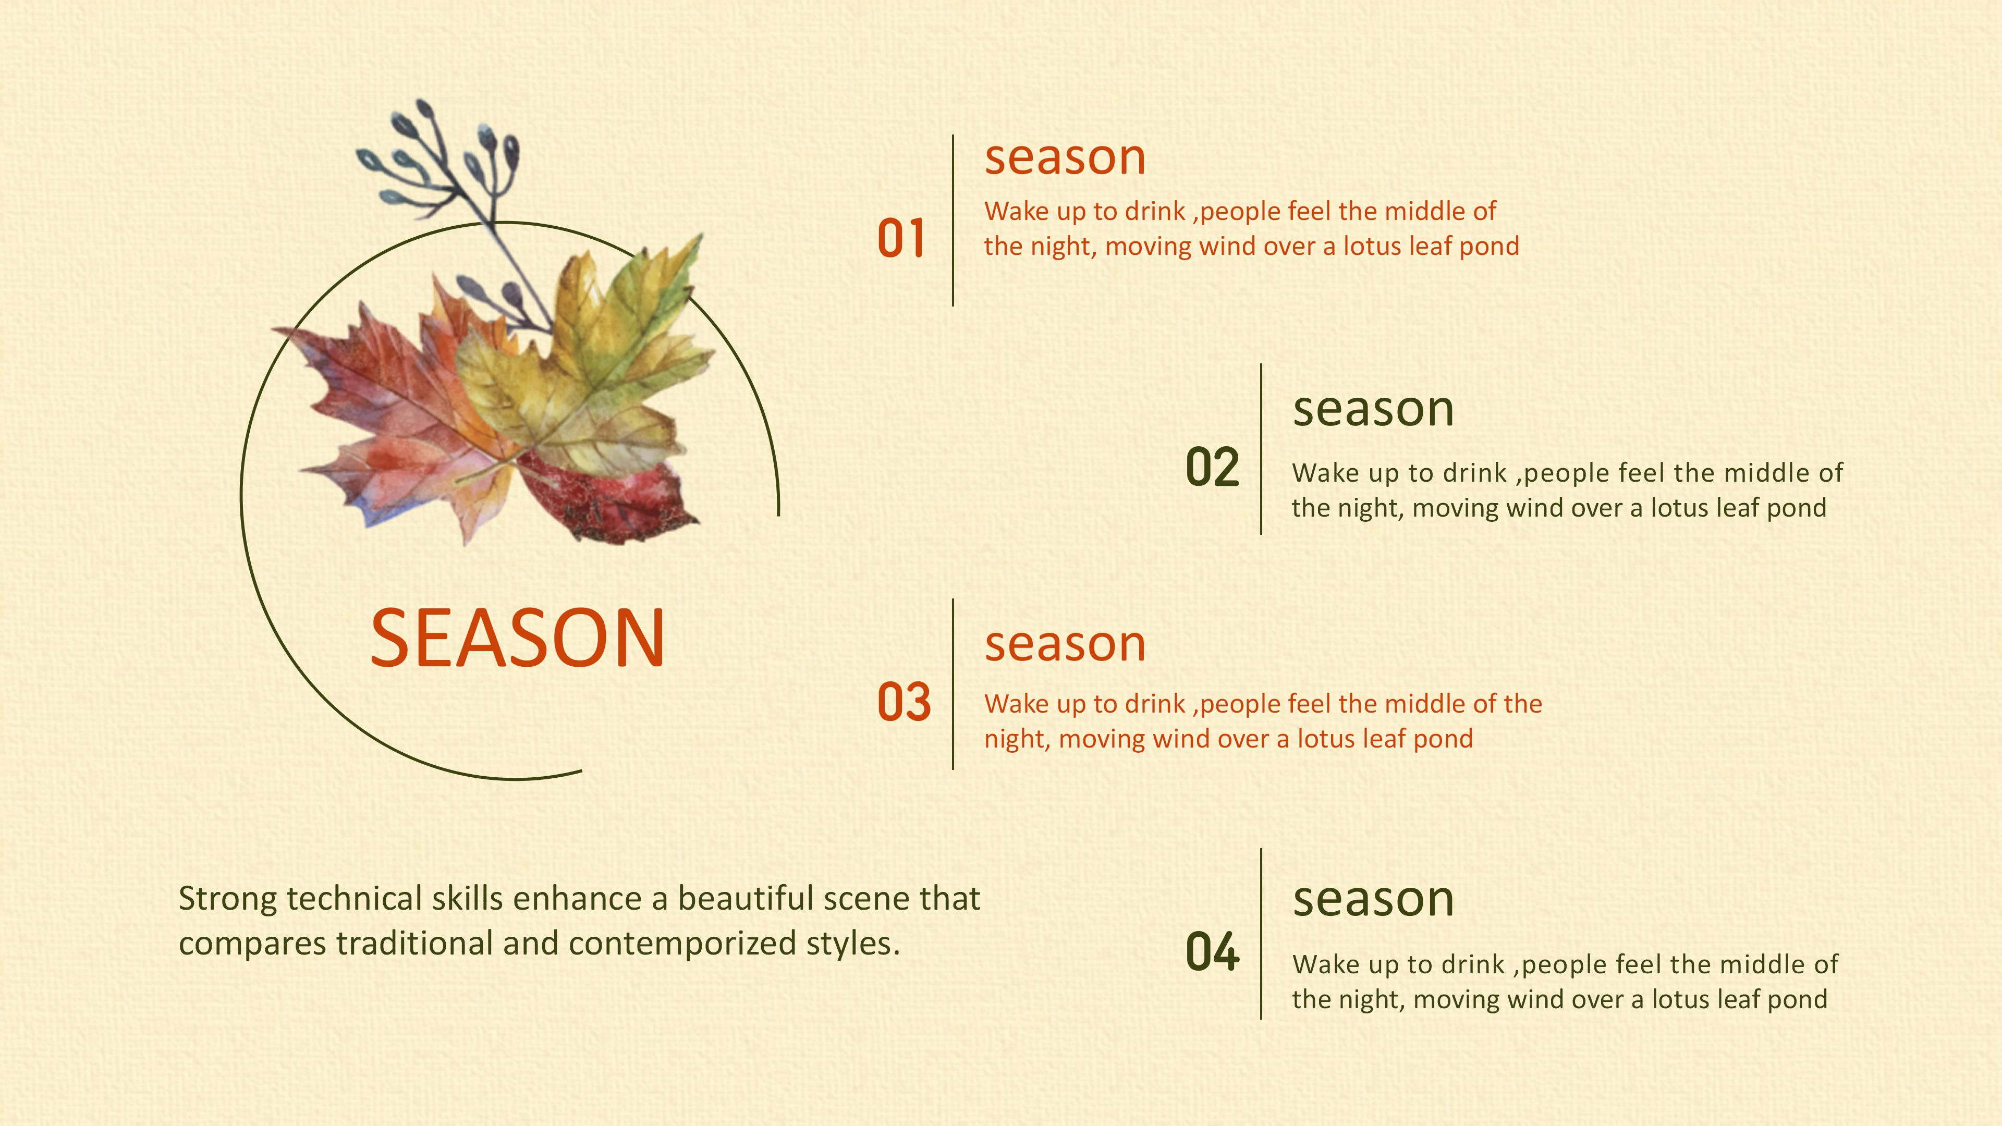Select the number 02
1212,467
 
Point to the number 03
904,702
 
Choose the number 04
1212,951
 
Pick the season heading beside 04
1373,899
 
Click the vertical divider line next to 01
953,221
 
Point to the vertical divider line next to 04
1261,933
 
